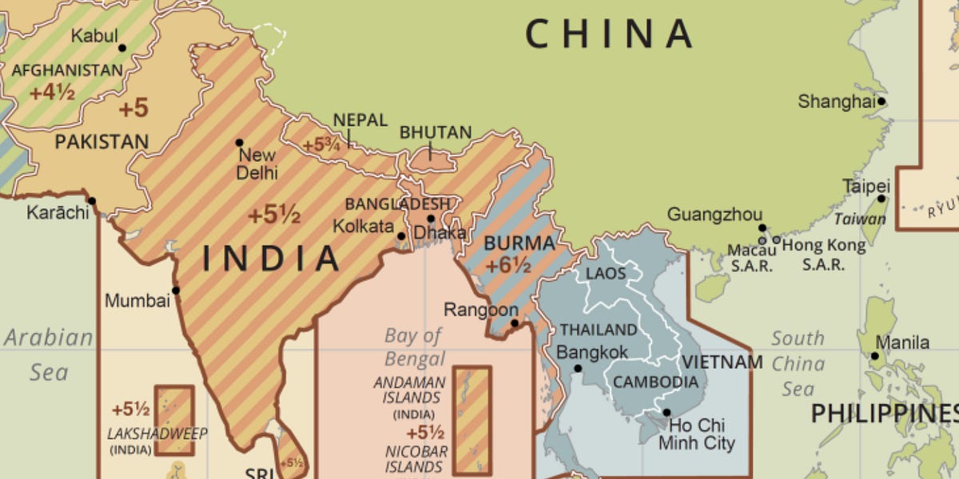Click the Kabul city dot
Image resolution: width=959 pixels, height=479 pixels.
click(122, 48)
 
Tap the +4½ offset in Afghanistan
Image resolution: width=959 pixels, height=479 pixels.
click(52, 93)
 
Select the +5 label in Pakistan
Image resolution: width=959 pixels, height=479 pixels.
click(133, 107)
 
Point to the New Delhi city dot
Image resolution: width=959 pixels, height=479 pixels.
click(239, 143)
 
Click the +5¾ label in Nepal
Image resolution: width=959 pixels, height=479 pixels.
click(321, 146)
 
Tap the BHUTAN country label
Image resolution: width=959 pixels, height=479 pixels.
click(436, 133)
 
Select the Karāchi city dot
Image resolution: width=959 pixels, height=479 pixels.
click(92, 201)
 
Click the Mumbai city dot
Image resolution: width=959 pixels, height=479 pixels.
click(176, 291)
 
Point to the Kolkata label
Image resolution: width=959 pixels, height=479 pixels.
click(364, 226)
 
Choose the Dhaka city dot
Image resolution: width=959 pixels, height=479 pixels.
click(431, 219)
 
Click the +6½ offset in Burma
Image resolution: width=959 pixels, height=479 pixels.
click(508, 266)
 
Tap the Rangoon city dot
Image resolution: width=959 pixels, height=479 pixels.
click(515, 323)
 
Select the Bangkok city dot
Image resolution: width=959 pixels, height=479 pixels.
click(578, 368)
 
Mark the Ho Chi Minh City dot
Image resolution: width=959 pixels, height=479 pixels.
click(667, 413)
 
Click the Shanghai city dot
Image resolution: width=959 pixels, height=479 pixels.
click(881, 101)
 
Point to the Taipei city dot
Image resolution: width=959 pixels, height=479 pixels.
click(881, 199)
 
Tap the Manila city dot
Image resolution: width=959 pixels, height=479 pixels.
click(875, 356)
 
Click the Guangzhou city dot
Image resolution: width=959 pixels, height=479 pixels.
click(762, 228)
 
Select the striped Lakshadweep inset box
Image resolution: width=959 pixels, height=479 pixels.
click(174, 420)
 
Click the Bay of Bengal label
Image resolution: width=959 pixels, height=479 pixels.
click(413, 346)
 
